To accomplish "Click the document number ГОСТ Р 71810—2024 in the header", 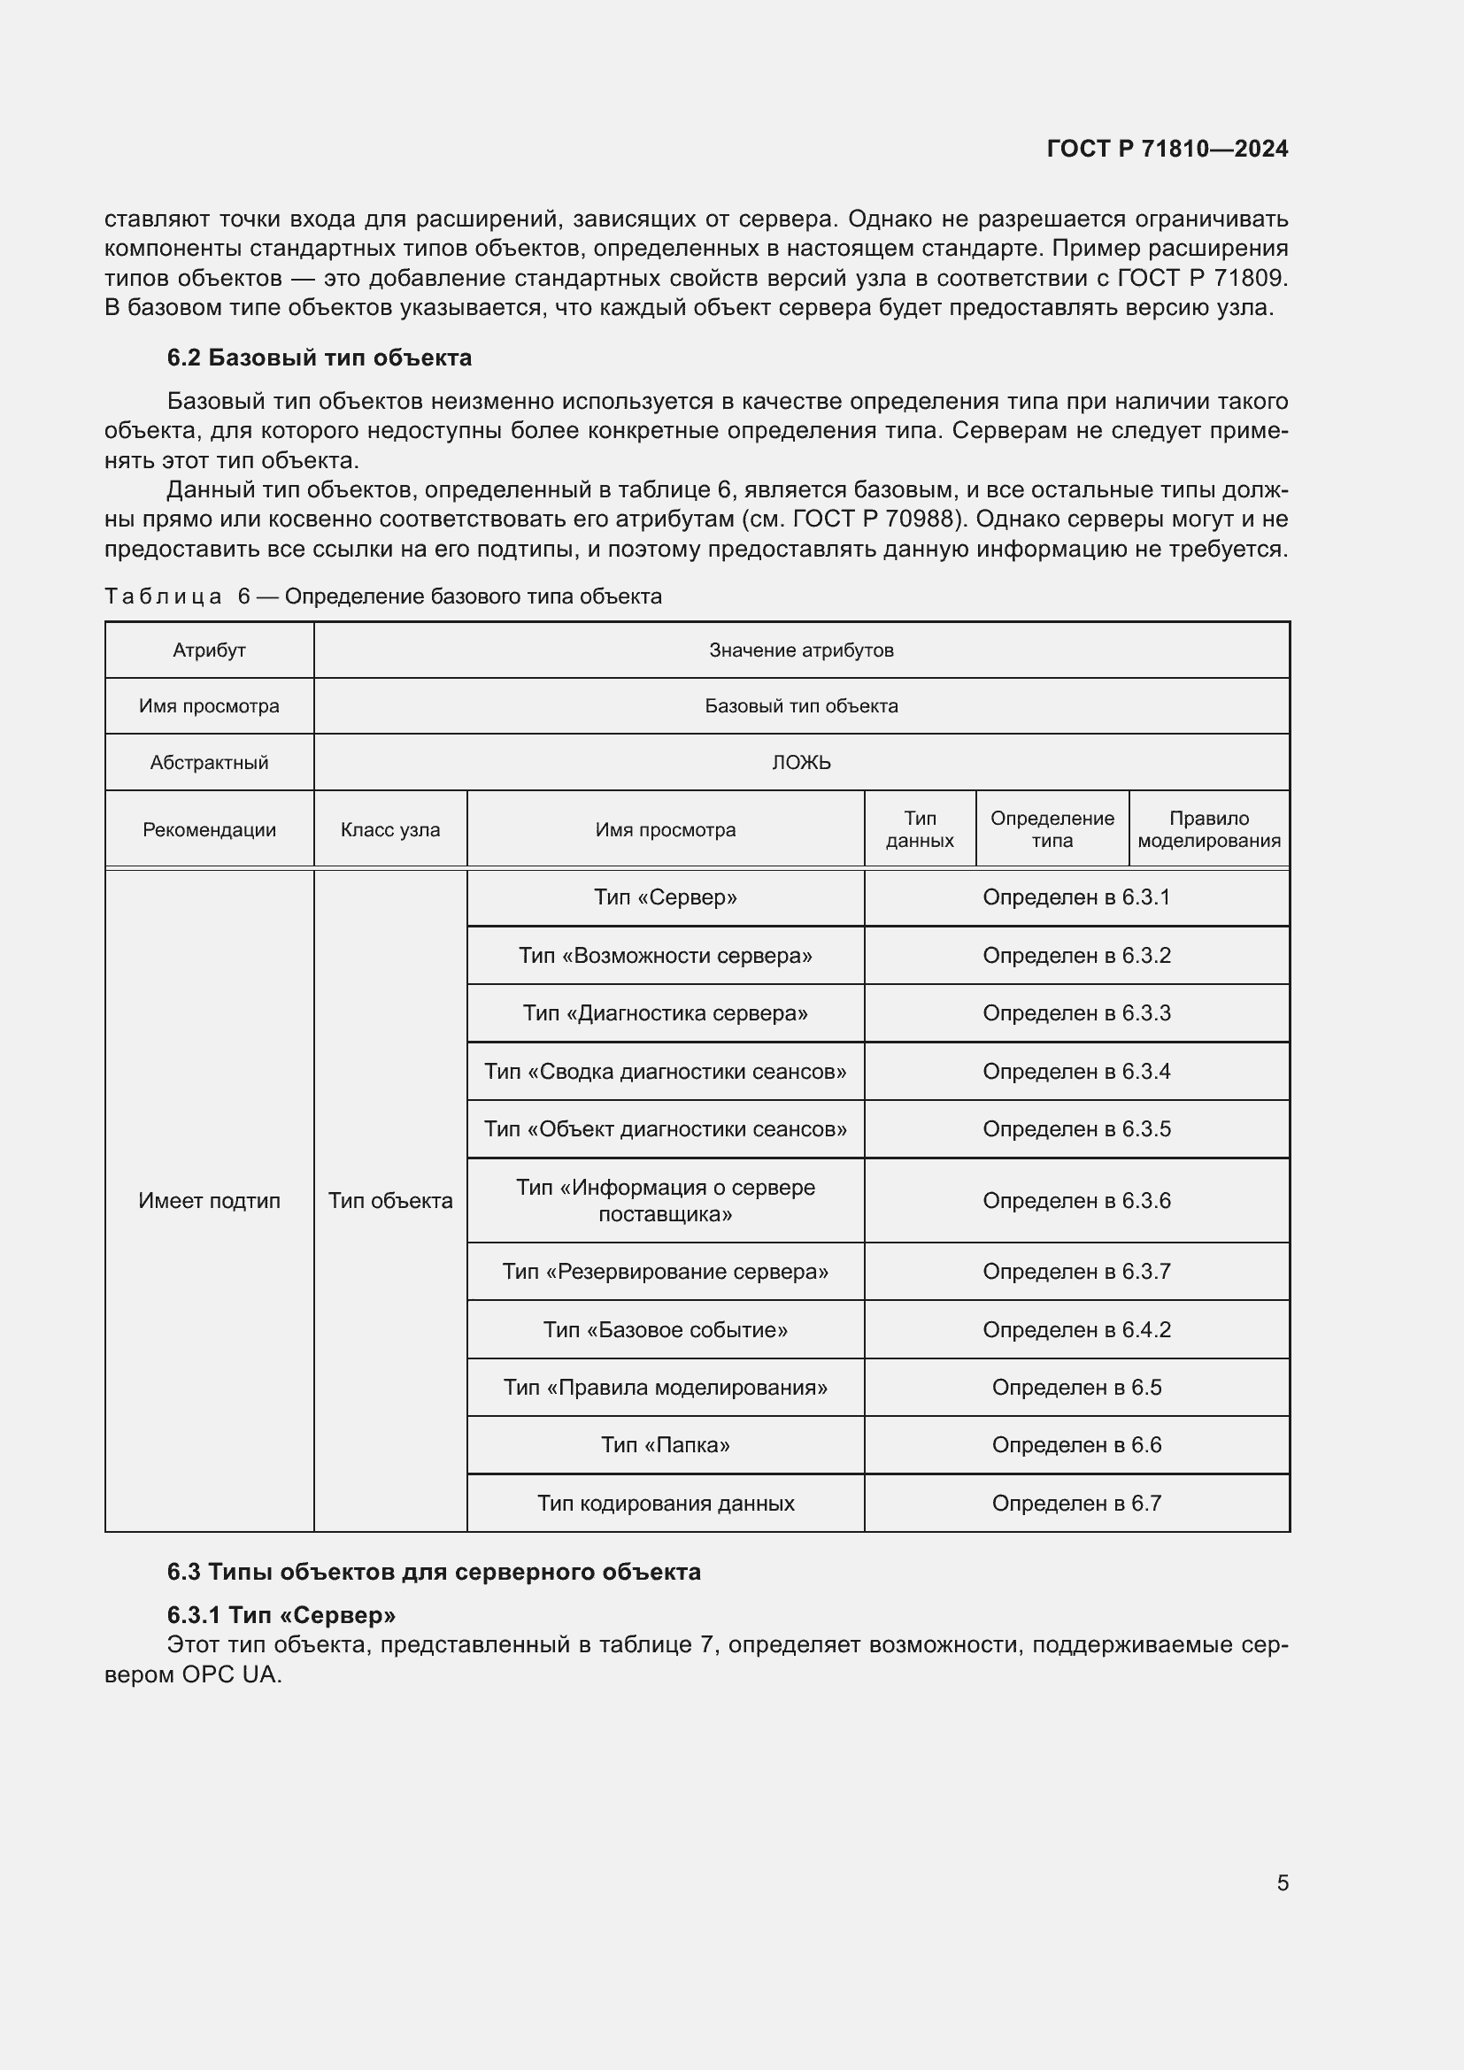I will click(x=1167, y=149).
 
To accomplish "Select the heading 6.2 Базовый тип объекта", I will click(x=320, y=358).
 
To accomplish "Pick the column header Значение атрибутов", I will click(x=800, y=650).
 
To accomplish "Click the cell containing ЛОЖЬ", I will click(x=800, y=763).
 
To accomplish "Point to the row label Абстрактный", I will click(x=209, y=763).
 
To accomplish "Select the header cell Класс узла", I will click(x=390, y=829).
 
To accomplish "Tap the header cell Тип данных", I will click(x=920, y=829).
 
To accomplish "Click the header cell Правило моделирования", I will click(x=1208, y=829).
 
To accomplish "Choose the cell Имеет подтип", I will click(x=209, y=1200).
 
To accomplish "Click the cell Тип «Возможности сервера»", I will click(x=666, y=955).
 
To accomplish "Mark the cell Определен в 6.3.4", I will click(x=1076, y=1071).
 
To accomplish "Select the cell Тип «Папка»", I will click(x=666, y=1444).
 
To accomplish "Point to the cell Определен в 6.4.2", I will click(x=1076, y=1329).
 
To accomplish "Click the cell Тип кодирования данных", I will click(x=666, y=1503).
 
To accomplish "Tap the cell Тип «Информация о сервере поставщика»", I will click(x=666, y=1200).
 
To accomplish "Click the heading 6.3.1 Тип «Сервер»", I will click(x=281, y=1614).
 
